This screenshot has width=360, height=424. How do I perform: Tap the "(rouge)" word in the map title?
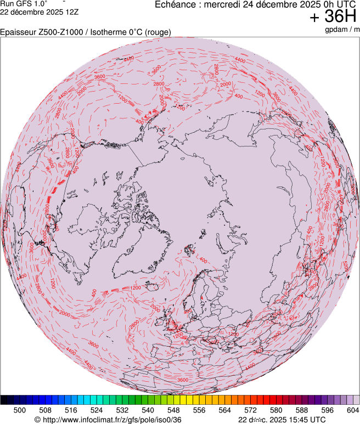[x=157, y=32]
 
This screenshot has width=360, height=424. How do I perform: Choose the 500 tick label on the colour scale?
[x=20, y=410]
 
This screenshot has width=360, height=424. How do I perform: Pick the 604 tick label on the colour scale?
[x=353, y=410]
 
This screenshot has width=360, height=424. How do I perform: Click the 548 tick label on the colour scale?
[x=173, y=410]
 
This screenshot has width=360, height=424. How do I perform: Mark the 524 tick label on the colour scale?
[x=97, y=410]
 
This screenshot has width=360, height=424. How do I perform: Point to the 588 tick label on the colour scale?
[x=302, y=410]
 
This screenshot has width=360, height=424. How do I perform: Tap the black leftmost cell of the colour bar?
[x=4, y=400]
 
